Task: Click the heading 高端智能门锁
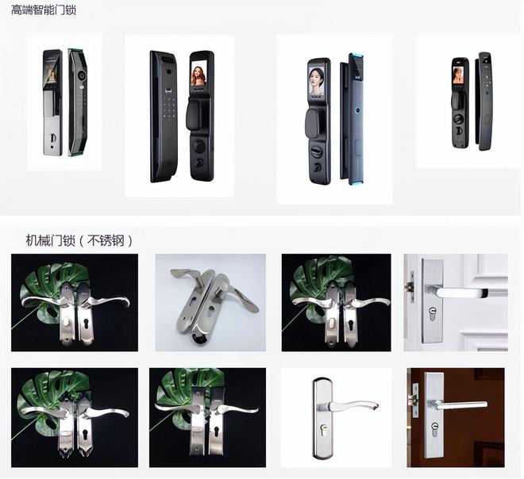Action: point(44,10)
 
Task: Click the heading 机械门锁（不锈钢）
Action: point(79,240)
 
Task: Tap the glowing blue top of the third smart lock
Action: point(356,55)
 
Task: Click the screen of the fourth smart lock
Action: point(457,75)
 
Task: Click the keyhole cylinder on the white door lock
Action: point(433,313)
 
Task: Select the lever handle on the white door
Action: point(459,293)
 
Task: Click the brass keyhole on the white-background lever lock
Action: point(323,429)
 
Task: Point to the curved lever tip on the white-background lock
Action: point(374,407)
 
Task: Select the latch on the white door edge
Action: point(410,287)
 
